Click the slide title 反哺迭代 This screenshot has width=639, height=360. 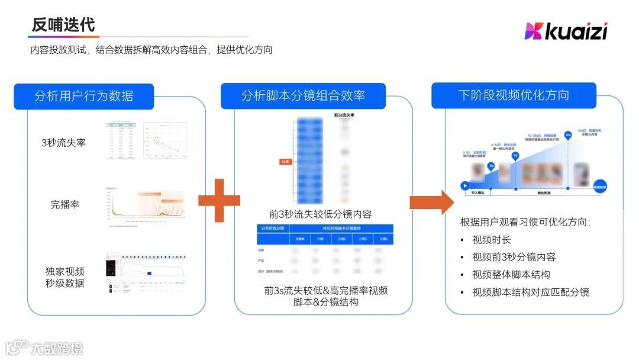click(63, 25)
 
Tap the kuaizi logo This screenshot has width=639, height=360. click(566, 31)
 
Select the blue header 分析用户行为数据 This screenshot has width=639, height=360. click(83, 96)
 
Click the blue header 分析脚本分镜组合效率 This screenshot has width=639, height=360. click(303, 96)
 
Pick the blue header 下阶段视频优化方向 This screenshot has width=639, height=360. click(514, 95)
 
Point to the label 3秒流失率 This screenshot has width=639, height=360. click(64, 142)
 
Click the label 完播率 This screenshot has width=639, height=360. click(65, 205)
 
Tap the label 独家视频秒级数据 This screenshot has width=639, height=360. click(65, 277)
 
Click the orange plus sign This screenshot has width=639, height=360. click(219, 200)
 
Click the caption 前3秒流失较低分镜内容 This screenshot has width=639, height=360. click(320, 214)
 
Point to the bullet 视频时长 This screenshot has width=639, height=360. click(492, 240)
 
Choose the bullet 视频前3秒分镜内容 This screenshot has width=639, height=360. click(514, 257)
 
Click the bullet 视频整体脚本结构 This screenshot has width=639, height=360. click(511, 274)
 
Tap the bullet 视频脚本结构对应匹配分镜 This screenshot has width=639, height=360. click(531, 292)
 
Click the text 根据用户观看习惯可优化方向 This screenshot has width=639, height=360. click(525, 222)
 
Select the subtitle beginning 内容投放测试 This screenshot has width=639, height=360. click(151, 50)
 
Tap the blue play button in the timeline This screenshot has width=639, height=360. click(464, 185)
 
